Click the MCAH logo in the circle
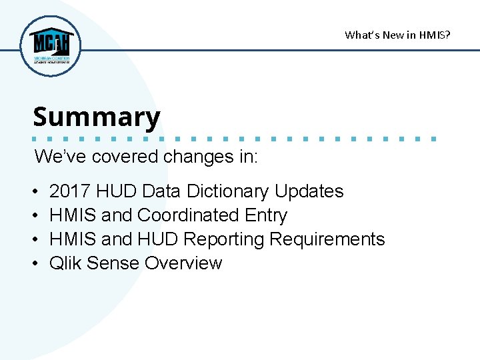(51, 45)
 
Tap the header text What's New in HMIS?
(397, 35)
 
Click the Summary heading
(97, 117)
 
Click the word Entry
(266, 215)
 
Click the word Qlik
(65, 263)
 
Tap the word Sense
(113, 263)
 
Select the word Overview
(183, 263)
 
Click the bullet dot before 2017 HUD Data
(34, 192)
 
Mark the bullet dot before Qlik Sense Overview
(34, 264)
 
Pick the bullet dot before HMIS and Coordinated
(34, 216)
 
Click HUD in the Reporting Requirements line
(158, 239)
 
